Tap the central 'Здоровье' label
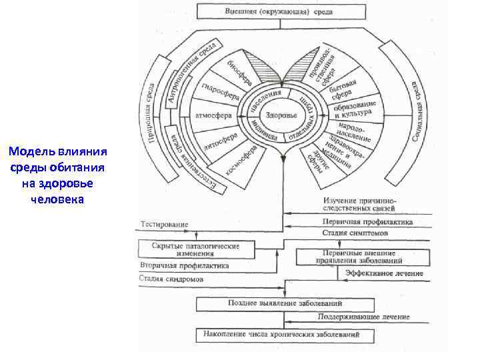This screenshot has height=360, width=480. click(x=281, y=115)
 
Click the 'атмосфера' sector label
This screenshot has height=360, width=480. click(x=213, y=115)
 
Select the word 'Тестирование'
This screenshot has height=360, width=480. click(x=164, y=225)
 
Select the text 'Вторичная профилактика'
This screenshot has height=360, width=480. click(x=185, y=265)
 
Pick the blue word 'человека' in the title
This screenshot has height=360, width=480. click(x=57, y=198)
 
